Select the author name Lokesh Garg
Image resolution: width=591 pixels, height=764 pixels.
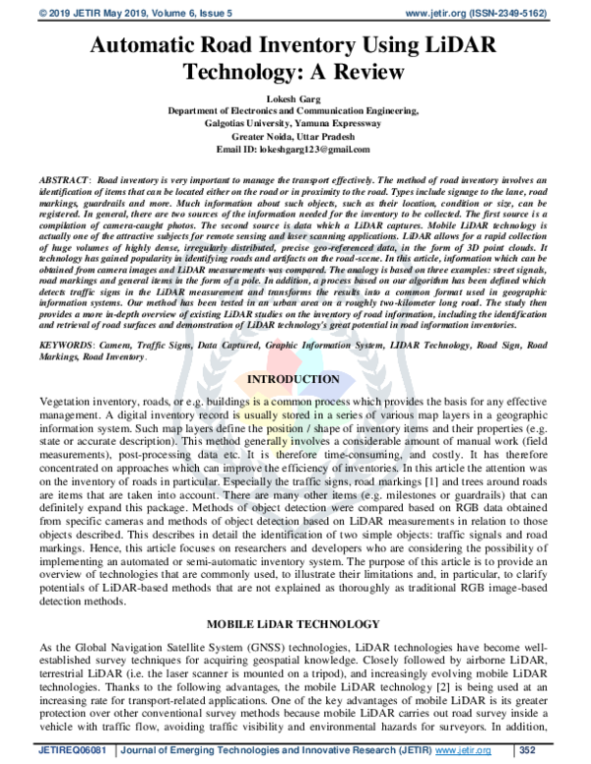coord(295,99)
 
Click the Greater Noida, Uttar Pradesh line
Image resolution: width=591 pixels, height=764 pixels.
coord(295,136)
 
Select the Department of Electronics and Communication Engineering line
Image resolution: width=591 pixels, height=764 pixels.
coord(295,112)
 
